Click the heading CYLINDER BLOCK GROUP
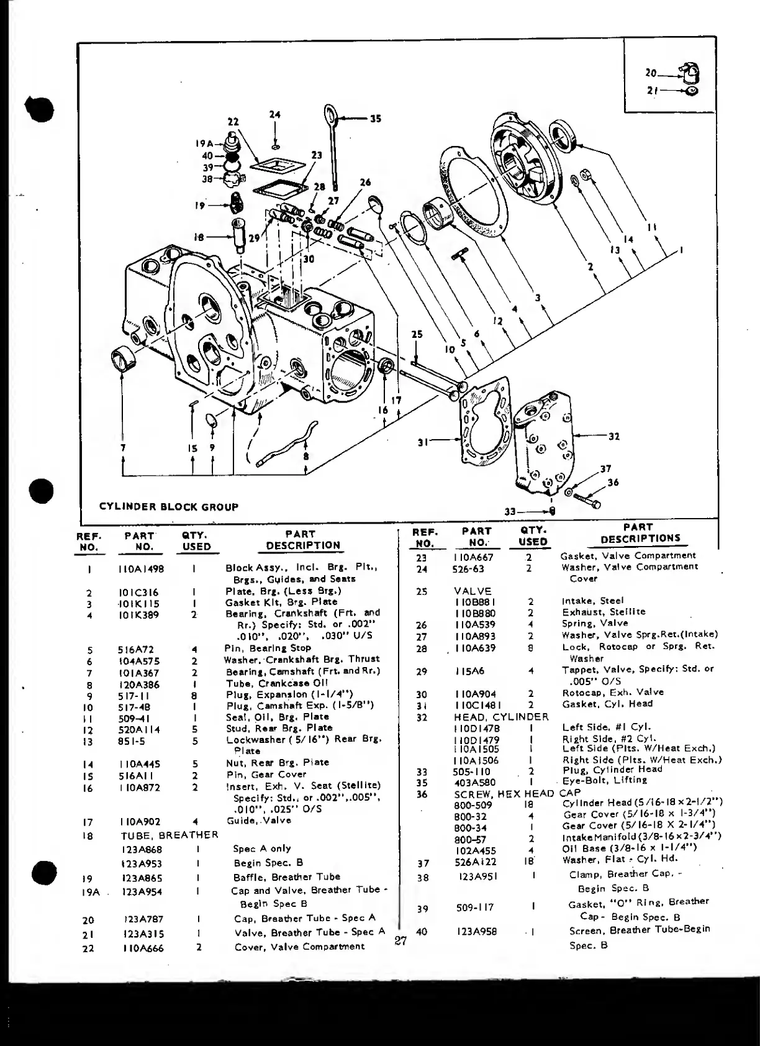[x=168, y=506]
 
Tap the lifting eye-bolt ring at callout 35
[x=330, y=115]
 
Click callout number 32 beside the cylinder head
[x=613, y=436]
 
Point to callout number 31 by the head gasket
[x=424, y=442]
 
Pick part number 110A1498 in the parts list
[x=141, y=568]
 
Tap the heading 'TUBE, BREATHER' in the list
[x=170, y=835]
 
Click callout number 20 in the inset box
[x=651, y=73]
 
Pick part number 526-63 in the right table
[x=469, y=568]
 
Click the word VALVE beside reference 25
[x=473, y=591]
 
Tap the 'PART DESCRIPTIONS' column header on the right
[x=640, y=534]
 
